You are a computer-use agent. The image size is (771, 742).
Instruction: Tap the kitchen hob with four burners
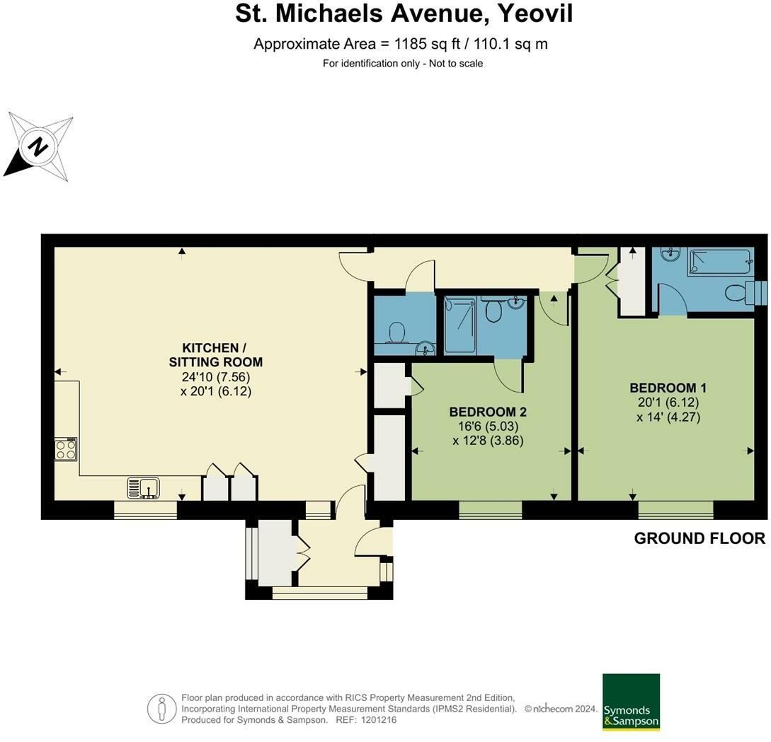[x=66, y=449]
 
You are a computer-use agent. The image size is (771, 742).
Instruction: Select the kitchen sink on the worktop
[x=143, y=488]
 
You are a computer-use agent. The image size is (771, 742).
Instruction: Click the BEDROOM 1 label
[x=668, y=388]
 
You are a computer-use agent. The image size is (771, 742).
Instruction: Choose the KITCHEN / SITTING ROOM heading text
[x=215, y=355]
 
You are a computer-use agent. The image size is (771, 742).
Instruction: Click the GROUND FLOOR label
[x=699, y=538]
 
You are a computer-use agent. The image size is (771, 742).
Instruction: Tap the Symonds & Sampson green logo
[x=631, y=702]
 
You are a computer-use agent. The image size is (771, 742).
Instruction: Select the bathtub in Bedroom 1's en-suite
[x=720, y=262]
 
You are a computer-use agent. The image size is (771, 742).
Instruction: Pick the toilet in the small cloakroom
[x=396, y=332]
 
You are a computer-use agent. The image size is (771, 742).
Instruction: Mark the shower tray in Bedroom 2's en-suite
[x=460, y=325]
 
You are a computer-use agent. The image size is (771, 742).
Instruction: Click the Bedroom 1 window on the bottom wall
[x=676, y=510]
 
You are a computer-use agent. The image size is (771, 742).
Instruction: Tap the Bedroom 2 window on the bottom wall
[x=491, y=510]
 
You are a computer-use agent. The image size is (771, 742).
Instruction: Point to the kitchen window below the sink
[x=146, y=510]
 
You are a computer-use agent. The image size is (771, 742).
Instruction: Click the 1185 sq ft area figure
[x=428, y=44]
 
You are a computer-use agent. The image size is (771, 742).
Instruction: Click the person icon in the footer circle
[x=161, y=708]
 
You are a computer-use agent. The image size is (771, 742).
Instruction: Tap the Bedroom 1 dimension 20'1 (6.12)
[x=668, y=402]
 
